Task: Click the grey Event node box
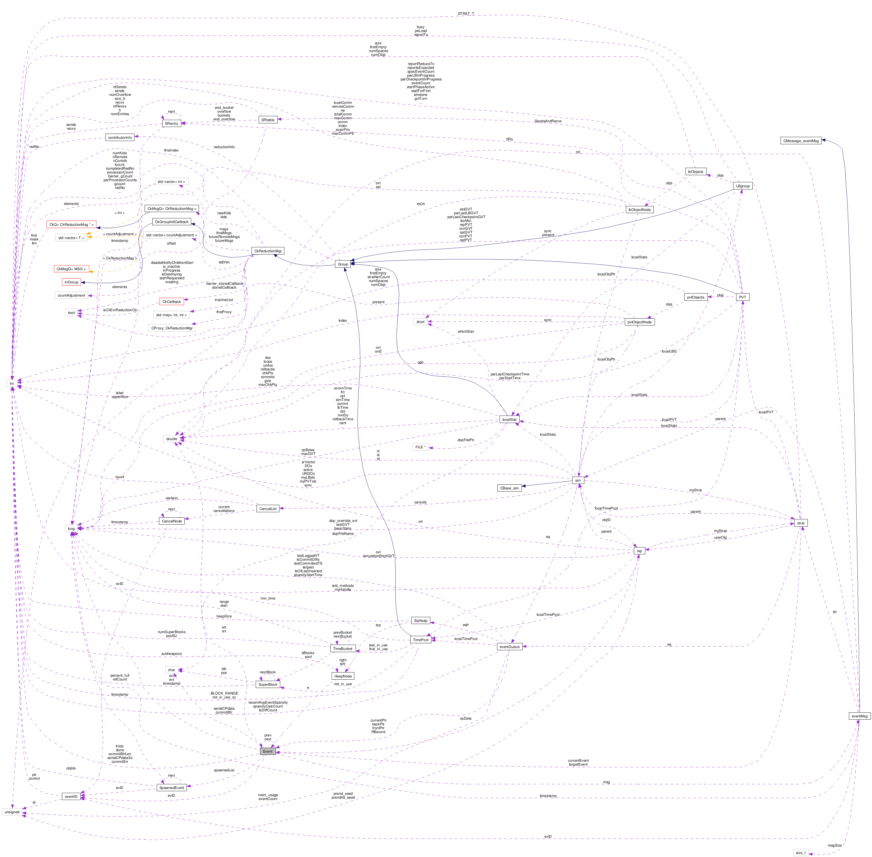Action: click(268, 751)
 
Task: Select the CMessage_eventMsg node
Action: click(801, 141)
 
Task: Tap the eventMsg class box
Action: click(859, 716)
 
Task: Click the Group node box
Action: click(343, 264)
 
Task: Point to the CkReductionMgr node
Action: click(268, 251)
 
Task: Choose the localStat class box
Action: click(509, 419)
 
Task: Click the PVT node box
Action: click(742, 297)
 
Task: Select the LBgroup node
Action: click(742, 186)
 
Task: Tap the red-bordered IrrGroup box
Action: click(71, 282)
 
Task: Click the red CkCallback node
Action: click(172, 302)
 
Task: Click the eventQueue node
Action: click(509, 647)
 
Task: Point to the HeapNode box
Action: click(343, 676)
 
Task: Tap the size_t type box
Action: click(800, 853)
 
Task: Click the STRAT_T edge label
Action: click(466, 13)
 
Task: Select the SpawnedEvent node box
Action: click(172, 788)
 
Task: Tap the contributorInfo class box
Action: click(120, 138)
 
